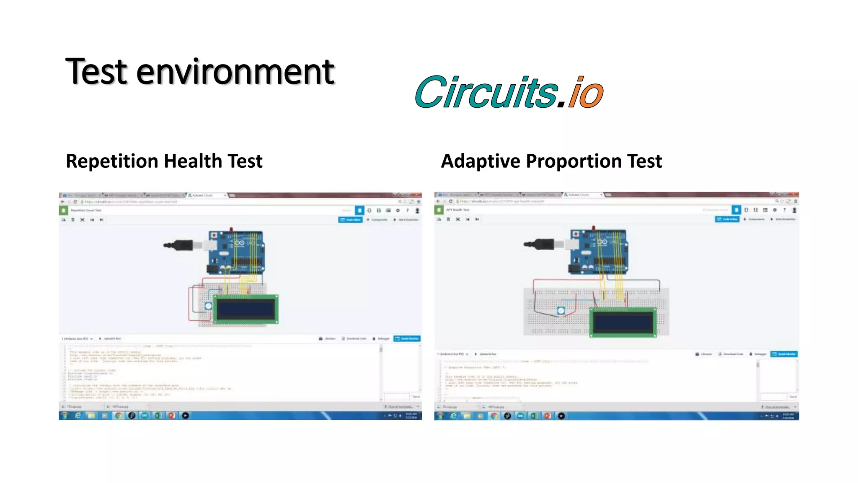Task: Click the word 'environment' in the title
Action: (x=235, y=72)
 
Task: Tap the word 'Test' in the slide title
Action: (x=96, y=72)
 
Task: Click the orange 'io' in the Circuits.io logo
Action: (x=585, y=93)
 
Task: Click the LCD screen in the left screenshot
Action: (x=246, y=309)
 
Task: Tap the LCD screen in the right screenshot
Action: (x=623, y=322)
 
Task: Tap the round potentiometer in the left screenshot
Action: (x=208, y=306)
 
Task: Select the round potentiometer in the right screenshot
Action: (x=561, y=311)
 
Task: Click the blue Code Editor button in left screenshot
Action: (x=350, y=220)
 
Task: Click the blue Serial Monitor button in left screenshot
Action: (x=407, y=338)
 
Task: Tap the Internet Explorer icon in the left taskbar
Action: (x=78, y=415)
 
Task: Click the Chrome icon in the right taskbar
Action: (x=494, y=416)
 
